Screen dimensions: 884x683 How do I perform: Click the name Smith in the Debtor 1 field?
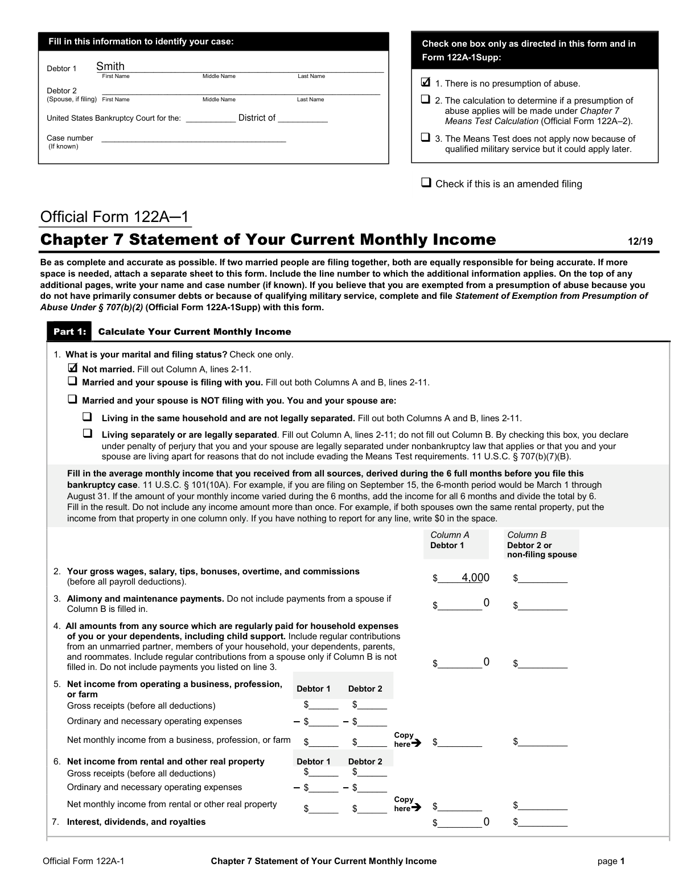point(110,67)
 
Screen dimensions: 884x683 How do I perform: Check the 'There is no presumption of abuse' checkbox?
point(426,83)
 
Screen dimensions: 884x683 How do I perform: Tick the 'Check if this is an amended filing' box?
point(426,183)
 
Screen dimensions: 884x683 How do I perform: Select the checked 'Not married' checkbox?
point(72,368)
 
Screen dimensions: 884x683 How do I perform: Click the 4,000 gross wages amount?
point(475,578)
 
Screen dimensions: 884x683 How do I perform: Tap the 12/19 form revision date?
point(640,241)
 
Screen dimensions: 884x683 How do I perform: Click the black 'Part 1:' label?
point(69,332)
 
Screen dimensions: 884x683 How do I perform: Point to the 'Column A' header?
point(450,534)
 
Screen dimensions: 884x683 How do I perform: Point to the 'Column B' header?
point(526,534)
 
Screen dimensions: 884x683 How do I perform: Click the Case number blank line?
point(194,138)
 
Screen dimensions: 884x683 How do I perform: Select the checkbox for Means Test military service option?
point(426,137)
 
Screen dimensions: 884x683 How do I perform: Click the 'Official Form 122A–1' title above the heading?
point(114,217)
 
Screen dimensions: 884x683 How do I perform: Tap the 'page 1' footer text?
point(611,861)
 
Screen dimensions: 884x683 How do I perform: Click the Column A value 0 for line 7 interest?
point(486,821)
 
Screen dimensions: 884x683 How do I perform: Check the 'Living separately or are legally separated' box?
point(88,433)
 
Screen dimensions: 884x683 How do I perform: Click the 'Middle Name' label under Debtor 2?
point(219,100)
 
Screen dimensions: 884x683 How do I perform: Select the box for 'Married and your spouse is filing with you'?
point(72,381)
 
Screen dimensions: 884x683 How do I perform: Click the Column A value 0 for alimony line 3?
point(486,603)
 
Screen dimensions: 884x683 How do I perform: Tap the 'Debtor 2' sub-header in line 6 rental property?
point(365,762)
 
